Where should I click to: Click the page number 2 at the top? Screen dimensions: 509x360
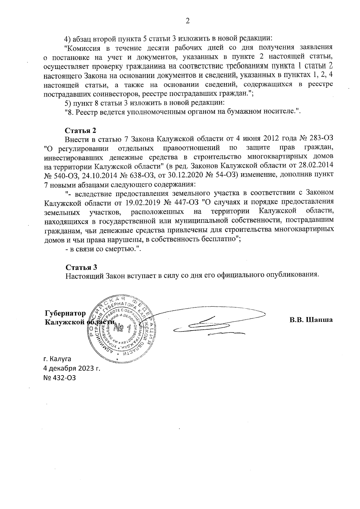(188, 21)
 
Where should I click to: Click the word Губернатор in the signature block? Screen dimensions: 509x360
(65, 313)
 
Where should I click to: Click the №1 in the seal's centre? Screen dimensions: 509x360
(123, 329)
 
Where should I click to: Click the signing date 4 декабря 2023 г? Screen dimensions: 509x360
(72, 368)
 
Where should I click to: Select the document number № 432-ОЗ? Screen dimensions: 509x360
(60, 378)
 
